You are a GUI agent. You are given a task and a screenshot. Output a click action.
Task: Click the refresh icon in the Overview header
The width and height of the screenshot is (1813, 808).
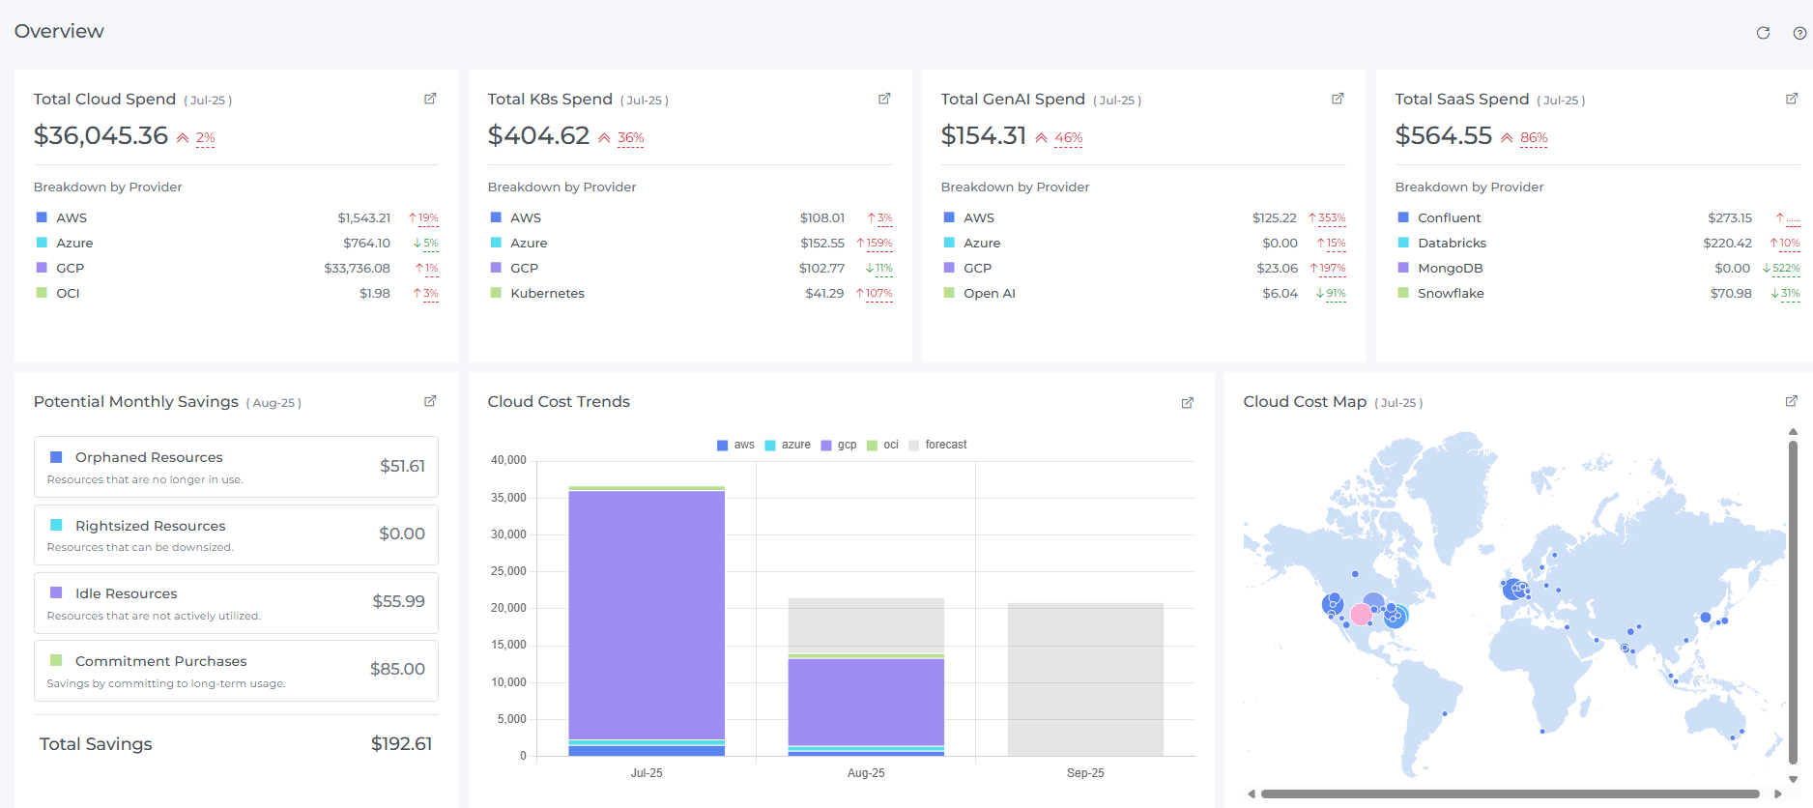[1763, 33]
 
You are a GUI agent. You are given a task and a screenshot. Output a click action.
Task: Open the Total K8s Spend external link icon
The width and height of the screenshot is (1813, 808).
[883, 99]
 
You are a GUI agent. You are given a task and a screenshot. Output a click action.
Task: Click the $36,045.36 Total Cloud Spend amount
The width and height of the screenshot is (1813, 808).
[101, 136]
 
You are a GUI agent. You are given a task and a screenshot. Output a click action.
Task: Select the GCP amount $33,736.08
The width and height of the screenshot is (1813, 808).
[357, 269]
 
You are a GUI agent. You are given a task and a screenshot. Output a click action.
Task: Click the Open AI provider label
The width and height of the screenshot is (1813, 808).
[989, 294]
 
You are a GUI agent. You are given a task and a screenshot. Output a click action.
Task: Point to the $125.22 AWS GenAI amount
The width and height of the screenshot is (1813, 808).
[1274, 218]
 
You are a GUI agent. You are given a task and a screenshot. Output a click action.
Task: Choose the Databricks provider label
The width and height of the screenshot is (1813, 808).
[1452, 244]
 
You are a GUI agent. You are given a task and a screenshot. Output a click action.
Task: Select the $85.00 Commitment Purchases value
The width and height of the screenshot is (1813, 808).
[397, 669]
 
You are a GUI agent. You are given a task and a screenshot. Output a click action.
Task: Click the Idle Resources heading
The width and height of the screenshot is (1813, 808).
[126, 593]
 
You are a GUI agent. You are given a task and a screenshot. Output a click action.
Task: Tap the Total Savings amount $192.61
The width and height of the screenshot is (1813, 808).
[401, 744]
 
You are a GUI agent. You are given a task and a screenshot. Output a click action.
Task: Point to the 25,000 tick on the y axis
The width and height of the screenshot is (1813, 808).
[509, 571]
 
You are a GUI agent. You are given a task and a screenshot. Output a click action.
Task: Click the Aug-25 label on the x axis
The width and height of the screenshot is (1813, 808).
[866, 773]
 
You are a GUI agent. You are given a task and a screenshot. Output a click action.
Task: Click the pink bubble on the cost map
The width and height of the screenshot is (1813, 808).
[1361, 614]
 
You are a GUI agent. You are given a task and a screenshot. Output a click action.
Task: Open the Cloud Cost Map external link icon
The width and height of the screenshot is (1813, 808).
[1791, 401]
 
